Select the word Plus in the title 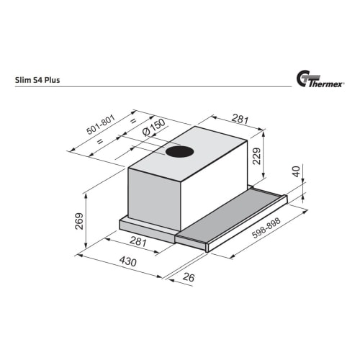53,80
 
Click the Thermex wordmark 325,84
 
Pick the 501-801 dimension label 101,125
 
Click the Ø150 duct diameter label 153,127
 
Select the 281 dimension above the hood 240,119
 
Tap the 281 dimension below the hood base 138,241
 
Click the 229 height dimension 257,156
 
